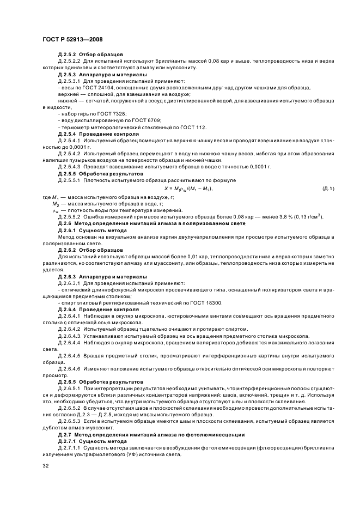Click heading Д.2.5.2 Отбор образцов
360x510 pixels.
tap(90, 54)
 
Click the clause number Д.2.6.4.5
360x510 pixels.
tap(69, 355)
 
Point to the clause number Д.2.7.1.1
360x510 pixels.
tap(69, 447)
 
